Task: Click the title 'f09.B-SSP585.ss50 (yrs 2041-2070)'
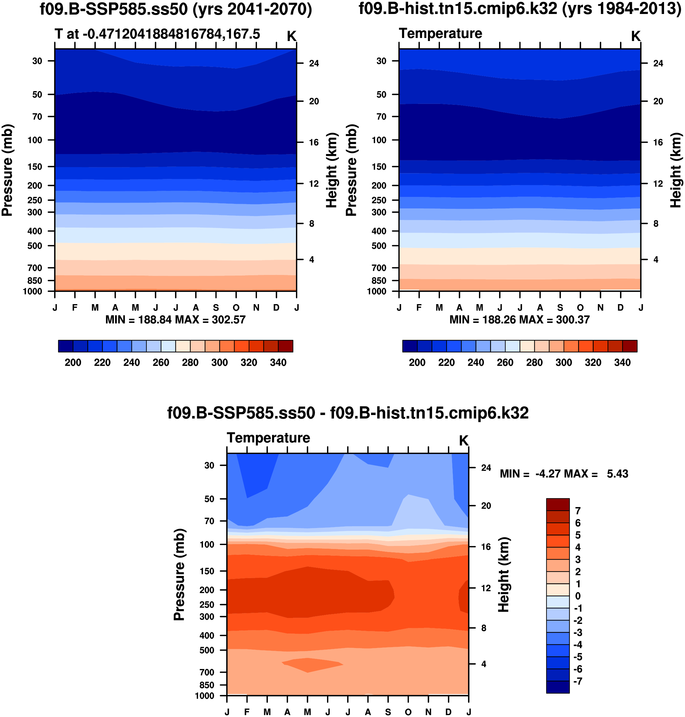(176, 9)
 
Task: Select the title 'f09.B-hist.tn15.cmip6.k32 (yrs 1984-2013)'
(520, 9)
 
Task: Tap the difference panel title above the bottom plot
(348, 413)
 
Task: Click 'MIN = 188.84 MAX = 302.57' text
(175, 320)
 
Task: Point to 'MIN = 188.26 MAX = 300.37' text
(520, 320)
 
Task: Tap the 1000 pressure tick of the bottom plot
(205, 695)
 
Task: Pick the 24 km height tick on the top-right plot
(658, 63)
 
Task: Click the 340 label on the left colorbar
(278, 363)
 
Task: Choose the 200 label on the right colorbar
(417, 363)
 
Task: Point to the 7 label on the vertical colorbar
(578, 511)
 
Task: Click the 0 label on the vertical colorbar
(578, 596)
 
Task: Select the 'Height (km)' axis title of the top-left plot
(331, 170)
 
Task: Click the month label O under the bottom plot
(408, 712)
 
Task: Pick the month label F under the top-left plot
(75, 307)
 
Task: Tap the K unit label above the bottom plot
(463, 441)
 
